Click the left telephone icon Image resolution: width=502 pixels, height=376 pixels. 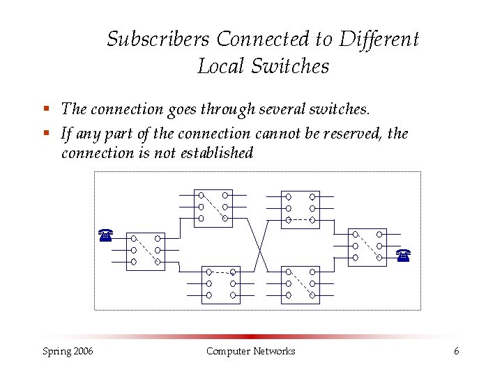click(105, 235)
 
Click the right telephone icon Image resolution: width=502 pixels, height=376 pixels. click(403, 255)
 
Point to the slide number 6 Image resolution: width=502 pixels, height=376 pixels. click(456, 351)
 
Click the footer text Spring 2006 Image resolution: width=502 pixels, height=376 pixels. click(68, 351)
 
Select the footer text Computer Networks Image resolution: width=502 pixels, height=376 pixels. click(250, 351)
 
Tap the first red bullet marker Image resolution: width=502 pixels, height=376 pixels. click(45, 109)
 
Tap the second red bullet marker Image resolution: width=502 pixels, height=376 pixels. click(45, 132)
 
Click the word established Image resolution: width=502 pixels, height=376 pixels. click(215, 152)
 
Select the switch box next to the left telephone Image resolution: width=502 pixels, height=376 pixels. click(145, 251)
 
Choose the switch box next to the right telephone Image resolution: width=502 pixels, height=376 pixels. click(367, 247)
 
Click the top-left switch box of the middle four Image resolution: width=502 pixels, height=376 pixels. click(213, 208)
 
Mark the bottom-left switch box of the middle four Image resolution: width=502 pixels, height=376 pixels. click(220, 285)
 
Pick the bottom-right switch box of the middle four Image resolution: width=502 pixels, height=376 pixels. click(300, 285)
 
